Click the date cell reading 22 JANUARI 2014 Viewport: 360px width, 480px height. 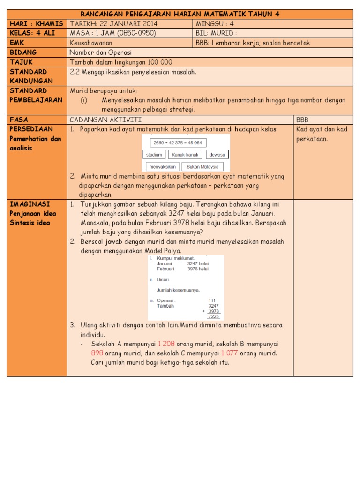(113, 24)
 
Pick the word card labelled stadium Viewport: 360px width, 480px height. (154, 155)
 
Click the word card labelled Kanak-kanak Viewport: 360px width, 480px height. (185, 155)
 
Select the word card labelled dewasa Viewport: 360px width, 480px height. (217, 155)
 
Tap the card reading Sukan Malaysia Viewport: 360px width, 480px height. (202, 166)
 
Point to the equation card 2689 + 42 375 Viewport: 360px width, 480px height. (178, 142)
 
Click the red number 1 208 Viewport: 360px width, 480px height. (166, 344)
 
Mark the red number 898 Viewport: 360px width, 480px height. (97, 353)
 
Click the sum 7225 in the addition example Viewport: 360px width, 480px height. (214, 316)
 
